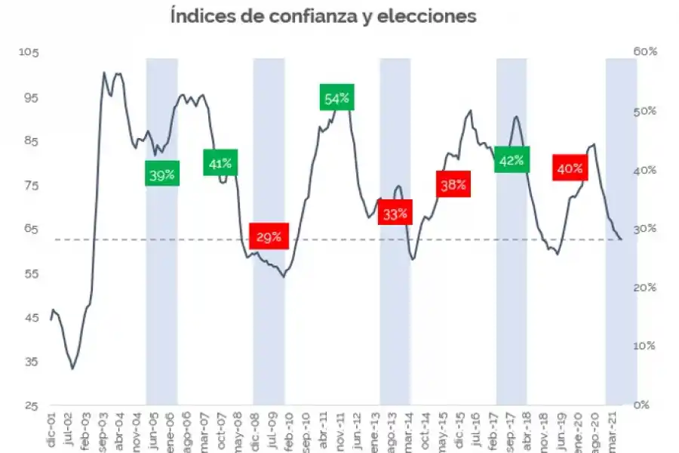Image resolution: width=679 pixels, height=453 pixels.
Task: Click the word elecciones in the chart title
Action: pos(431,16)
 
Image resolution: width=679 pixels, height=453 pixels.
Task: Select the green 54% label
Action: pos(336,98)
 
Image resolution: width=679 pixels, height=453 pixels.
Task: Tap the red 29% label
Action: pos(268,237)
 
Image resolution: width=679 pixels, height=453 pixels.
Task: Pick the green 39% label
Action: pos(161,175)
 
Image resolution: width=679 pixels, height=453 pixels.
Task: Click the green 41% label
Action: pos(221,162)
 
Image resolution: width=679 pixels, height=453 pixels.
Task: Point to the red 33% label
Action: pos(395,214)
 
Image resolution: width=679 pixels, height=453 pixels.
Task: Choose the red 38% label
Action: pos(453,184)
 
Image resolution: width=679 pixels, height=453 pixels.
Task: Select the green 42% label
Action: pos(512,160)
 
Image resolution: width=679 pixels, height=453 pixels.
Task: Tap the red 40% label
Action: pos(570,168)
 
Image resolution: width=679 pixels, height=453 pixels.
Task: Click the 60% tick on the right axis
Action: pos(646,51)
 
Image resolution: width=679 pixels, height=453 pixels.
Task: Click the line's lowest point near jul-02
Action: pos(73,368)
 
